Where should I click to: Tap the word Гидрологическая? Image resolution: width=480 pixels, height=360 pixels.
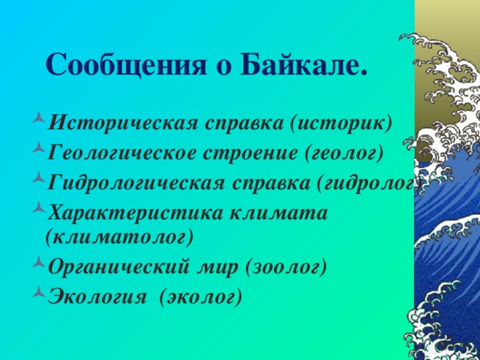point(133,183)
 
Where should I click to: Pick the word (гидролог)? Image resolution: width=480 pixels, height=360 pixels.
point(367,183)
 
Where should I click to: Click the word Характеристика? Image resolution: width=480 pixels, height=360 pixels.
point(130,212)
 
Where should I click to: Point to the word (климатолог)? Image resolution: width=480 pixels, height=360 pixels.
point(119,237)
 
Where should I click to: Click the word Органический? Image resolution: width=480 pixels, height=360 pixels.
point(117,267)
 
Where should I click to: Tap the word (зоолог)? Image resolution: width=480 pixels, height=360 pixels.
point(280,267)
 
